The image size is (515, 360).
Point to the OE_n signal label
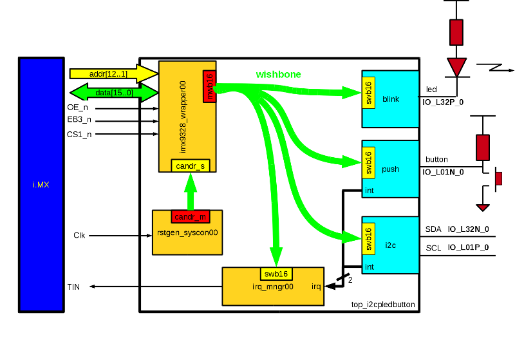(x=78, y=108)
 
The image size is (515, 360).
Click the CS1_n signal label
(x=79, y=134)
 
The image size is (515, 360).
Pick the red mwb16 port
(x=209, y=86)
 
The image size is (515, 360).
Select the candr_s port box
(x=190, y=166)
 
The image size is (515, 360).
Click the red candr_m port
(x=189, y=216)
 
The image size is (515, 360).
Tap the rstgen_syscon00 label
(x=187, y=232)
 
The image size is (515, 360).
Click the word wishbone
(x=278, y=74)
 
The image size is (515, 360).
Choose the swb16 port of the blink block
(x=368, y=93)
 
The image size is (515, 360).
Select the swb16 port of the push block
(x=368, y=162)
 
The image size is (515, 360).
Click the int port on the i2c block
(x=370, y=267)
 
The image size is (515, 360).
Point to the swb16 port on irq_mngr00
(x=277, y=274)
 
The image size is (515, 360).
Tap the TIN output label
(x=73, y=287)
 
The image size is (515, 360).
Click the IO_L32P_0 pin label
(x=443, y=102)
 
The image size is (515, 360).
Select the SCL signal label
(x=433, y=248)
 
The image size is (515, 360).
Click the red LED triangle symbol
(x=456, y=66)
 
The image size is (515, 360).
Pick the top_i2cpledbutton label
(x=383, y=305)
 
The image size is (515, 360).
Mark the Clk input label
(x=79, y=236)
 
